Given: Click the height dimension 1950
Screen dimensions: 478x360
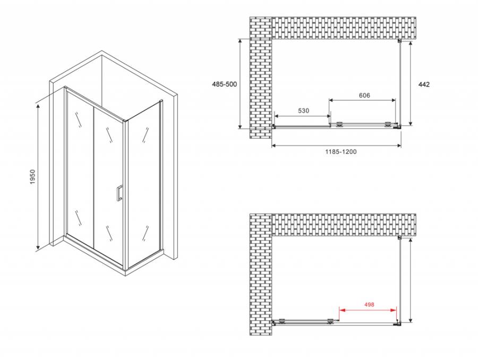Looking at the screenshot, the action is pyautogui.click(x=32, y=177).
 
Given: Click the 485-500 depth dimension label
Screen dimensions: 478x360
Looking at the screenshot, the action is pyautogui.click(x=224, y=84).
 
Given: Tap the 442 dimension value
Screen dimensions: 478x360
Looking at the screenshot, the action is pyautogui.click(x=424, y=84).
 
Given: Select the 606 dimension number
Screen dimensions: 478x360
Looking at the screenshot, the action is pyautogui.click(x=364, y=96).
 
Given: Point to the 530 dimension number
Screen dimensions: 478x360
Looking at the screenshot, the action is pyautogui.click(x=303, y=110).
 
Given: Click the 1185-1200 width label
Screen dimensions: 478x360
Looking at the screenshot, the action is pyautogui.click(x=341, y=151).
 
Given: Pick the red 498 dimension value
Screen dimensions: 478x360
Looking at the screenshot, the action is pyautogui.click(x=369, y=304).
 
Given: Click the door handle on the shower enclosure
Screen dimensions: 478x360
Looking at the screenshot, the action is pyautogui.click(x=119, y=193).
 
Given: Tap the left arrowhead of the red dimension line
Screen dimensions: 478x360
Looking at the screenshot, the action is pyautogui.click(x=342, y=310).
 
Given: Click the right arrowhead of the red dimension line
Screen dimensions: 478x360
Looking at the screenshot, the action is pyautogui.click(x=394, y=310).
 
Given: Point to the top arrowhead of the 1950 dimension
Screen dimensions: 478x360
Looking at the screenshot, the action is pyautogui.click(x=38, y=106).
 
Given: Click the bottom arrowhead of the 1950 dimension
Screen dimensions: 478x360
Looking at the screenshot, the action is pyautogui.click(x=38, y=246).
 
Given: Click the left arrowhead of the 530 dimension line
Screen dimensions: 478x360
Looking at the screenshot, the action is pyautogui.click(x=277, y=116).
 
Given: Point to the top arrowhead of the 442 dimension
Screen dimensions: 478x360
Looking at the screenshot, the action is pyautogui.click(x=411, y=44).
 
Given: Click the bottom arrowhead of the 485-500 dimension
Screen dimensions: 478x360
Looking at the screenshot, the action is pyautogui.click(x=240, y=126).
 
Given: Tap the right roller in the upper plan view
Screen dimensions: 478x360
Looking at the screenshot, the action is pyautogui.click(x=388, y=124).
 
